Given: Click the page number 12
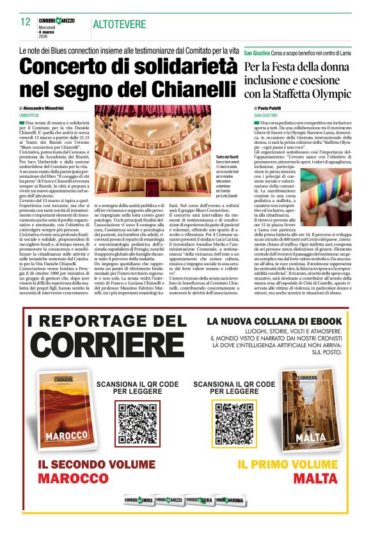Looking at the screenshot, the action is click(x=26, y=22).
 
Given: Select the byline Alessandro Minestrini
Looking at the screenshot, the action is click(x=49, y=109).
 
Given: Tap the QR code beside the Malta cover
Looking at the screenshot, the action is click(x=233, y=419).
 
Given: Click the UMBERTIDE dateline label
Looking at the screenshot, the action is click(x=29, y=115).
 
